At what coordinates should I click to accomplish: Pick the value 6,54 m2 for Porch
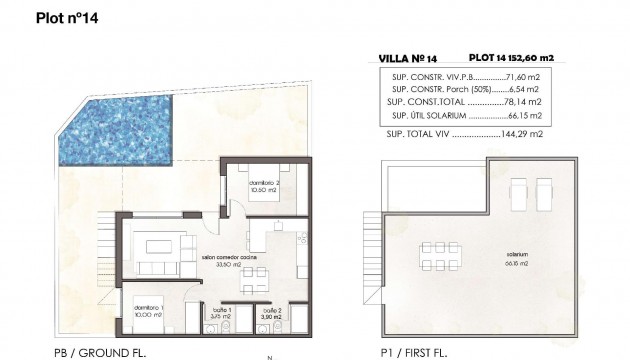524,88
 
